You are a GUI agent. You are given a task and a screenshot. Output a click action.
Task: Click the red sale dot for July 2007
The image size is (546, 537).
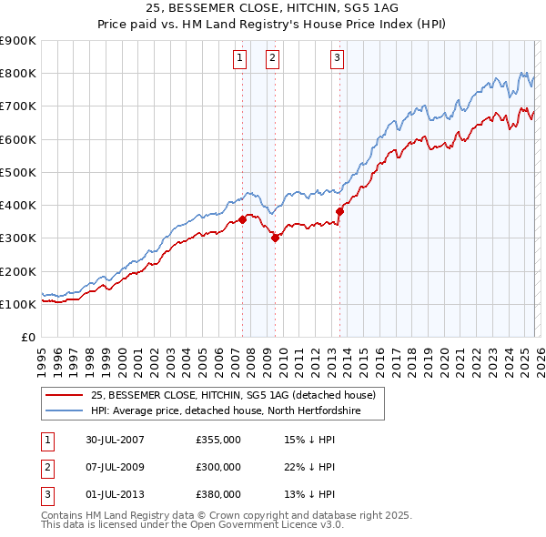coord(243,219)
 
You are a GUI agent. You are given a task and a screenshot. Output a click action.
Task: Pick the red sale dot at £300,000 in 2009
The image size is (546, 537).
coord(275,238)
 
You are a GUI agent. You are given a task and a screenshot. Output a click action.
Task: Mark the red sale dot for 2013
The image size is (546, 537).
coord(339,211)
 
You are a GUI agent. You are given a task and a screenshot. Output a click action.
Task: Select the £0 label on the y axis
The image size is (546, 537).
coord(28,337)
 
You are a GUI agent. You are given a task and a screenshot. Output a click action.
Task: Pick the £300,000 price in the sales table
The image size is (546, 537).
coord(218,467)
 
